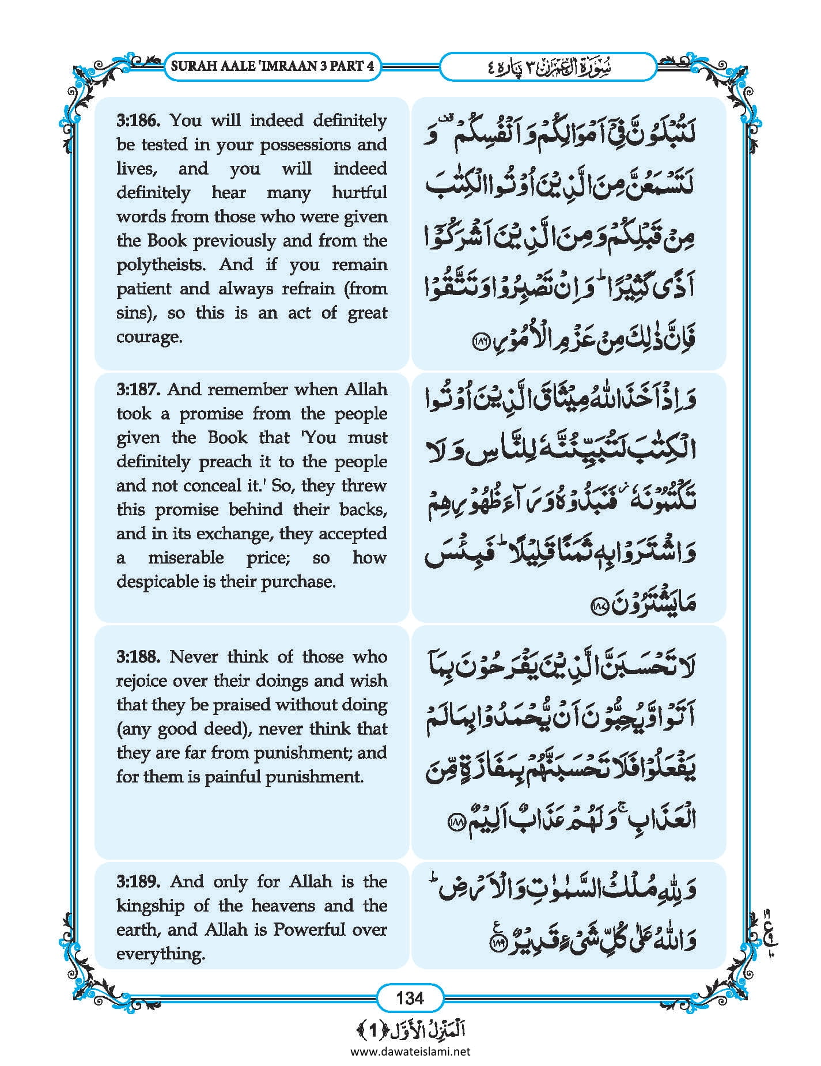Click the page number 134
point(410,998)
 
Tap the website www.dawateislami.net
point(410,1052)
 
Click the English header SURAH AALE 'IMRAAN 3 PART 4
point(273,66)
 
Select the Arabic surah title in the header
point(547,67)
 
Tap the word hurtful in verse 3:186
point(359,192)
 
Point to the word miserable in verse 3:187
point(186,558)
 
